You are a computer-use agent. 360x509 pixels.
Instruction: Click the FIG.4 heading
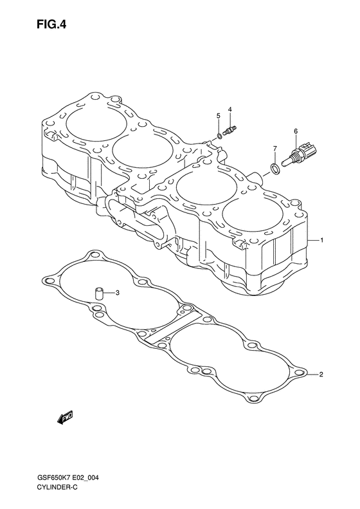pos(51,24)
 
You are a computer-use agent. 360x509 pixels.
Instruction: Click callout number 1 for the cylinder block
pos(321,240)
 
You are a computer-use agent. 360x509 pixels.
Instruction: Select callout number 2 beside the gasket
pos(321,375)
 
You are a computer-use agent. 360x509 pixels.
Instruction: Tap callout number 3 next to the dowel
pos(118,293)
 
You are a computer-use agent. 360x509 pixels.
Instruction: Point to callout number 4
pos(230,109)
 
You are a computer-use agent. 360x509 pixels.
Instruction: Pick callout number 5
pos(219,116)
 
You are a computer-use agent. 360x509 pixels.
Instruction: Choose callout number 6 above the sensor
pos(296,131)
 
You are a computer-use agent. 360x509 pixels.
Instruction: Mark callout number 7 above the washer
pos(274,149)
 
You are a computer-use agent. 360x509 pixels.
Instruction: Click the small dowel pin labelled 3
pos(98,293)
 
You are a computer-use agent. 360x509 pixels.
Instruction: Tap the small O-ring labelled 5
pos(219,135)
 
